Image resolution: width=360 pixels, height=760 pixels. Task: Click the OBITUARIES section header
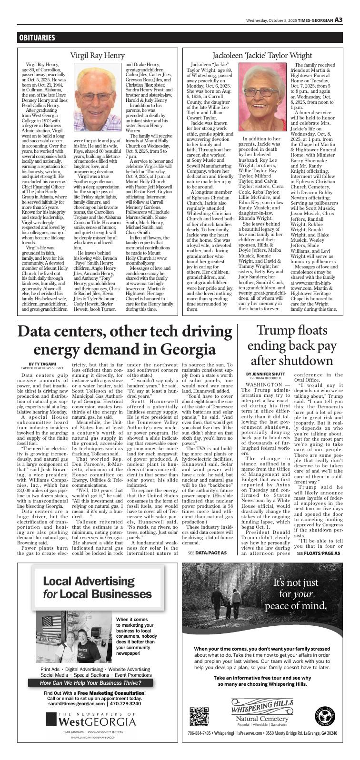37,38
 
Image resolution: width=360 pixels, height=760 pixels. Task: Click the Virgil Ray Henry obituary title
97,56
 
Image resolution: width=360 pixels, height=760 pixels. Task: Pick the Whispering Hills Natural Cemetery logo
261,711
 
